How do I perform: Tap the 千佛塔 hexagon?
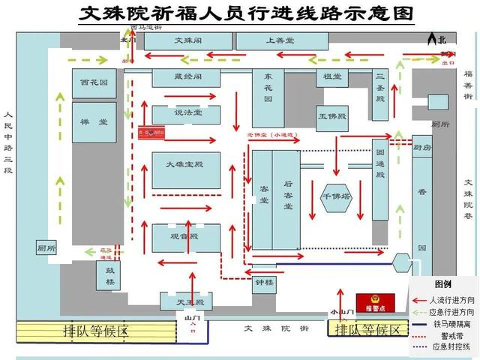(336, 196)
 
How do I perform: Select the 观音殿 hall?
(185, 237)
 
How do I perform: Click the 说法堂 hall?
(186, 113)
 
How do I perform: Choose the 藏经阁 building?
(186, 77)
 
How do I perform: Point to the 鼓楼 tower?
(109, 275)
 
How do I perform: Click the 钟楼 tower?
(265, 283)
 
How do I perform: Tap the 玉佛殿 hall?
(332, 117)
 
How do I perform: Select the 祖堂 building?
(332, 77)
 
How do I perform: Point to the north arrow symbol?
(432, 39)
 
